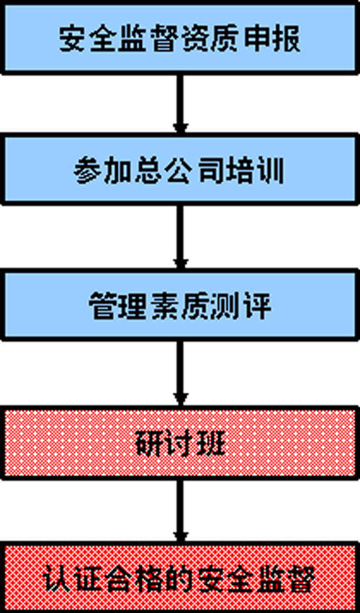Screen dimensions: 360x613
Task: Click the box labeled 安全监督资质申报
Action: [180, 37]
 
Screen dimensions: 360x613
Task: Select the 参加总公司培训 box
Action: [180, 169]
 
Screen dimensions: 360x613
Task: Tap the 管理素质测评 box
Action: [180, 304]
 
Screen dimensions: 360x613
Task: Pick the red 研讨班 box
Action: [180, 442]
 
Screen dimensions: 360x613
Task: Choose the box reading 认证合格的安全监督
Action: [180, 577]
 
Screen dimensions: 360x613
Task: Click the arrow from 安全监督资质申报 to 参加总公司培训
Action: [180, 104]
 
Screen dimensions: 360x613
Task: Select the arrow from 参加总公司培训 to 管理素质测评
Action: [180, 237]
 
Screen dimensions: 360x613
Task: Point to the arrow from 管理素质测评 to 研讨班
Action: [180, 373]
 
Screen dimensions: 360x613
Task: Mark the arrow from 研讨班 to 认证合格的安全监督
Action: [180, 510]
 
